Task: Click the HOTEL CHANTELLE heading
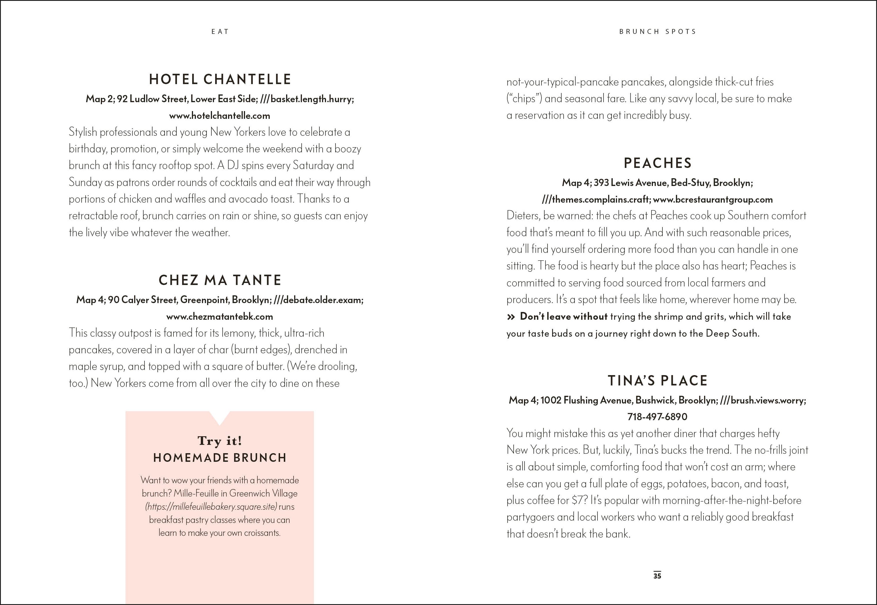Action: (x=220, y=79)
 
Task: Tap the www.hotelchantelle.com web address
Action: (x=220, y=116)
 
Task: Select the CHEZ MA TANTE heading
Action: (x=220, y=280)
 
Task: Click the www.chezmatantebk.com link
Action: (x=220, y=317)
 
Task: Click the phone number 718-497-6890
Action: (x=657, y=417)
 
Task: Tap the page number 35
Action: (x=657, y=575)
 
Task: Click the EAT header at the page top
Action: (x=220, y=32)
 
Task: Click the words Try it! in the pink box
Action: (x=220, y=441)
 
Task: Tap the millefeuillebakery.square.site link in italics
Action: (x=211, y=507)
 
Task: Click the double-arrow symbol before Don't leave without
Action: (x=511, y=317)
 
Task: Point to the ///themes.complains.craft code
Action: (x=596, y=200)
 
